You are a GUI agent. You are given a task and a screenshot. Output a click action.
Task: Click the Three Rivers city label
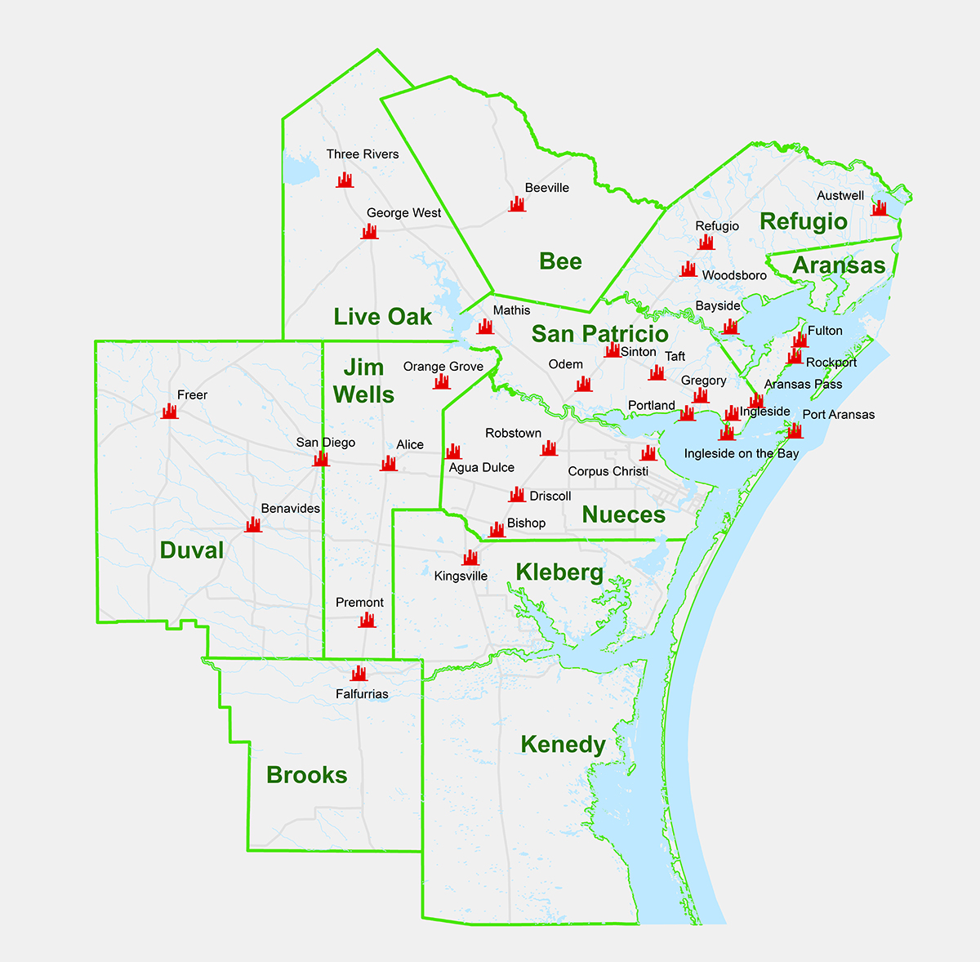363,154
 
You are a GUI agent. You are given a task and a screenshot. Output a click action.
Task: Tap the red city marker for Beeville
517,204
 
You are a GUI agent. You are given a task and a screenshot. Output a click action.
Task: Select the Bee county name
560,261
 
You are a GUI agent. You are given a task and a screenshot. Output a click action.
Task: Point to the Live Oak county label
382,317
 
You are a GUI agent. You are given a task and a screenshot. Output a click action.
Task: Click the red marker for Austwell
879,208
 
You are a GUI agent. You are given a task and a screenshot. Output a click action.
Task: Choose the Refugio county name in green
803,221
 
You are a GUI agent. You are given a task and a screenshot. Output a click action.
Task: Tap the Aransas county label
839,265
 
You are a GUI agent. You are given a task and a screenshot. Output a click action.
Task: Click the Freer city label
193,395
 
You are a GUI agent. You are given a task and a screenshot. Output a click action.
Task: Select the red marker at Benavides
253,524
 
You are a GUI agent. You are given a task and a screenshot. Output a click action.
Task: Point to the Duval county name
192,550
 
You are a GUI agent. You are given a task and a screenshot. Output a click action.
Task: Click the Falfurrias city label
362,694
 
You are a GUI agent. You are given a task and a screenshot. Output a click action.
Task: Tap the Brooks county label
307,775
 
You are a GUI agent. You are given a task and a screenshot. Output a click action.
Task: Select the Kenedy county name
563,745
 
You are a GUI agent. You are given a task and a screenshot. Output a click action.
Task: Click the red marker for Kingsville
470,558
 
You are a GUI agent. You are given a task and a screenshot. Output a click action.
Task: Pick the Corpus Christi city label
608,471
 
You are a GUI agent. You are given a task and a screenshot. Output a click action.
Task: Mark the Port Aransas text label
838,415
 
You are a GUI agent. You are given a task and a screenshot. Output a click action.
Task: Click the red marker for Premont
367,621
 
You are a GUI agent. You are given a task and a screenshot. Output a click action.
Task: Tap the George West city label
403,213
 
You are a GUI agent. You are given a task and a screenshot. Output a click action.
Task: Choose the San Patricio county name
599,334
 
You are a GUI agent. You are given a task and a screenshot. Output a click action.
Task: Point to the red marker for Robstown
549,448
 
